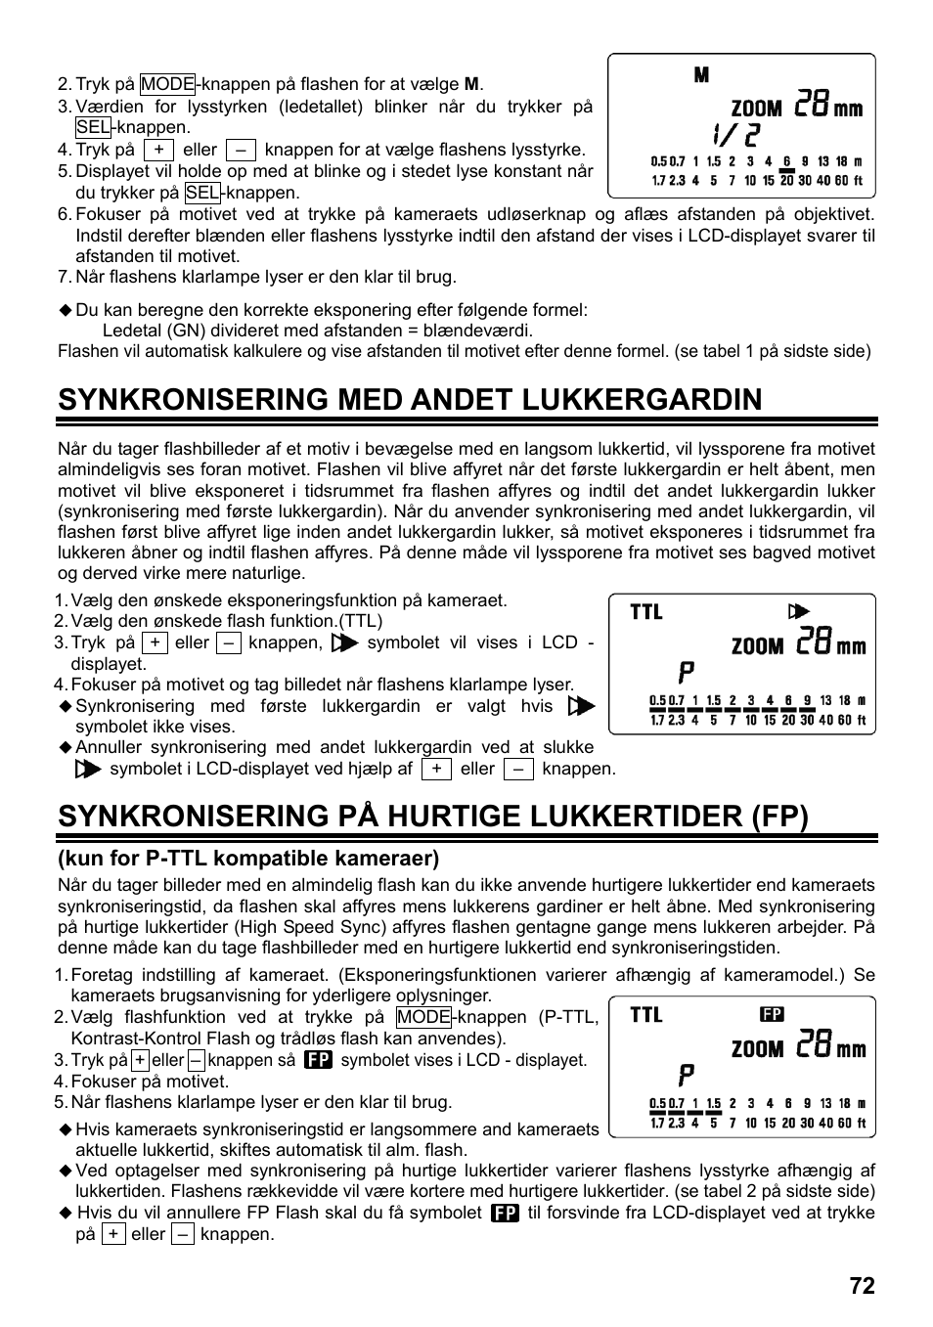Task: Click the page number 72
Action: (862, 1285)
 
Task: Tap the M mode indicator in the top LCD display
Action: (701, 75)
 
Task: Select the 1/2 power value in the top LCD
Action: (734, 134)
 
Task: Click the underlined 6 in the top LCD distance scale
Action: (786, 161)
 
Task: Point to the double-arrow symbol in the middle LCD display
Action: (799, 612)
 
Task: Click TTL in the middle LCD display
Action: (646, 612)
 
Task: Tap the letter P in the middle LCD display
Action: (687, 673)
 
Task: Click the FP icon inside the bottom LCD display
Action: (773, 1015)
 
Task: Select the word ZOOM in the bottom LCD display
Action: (758, 1049)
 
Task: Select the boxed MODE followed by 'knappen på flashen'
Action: (167, 84)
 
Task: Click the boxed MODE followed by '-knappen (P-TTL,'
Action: (423, 1017)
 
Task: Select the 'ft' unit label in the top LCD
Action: (859, 180)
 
